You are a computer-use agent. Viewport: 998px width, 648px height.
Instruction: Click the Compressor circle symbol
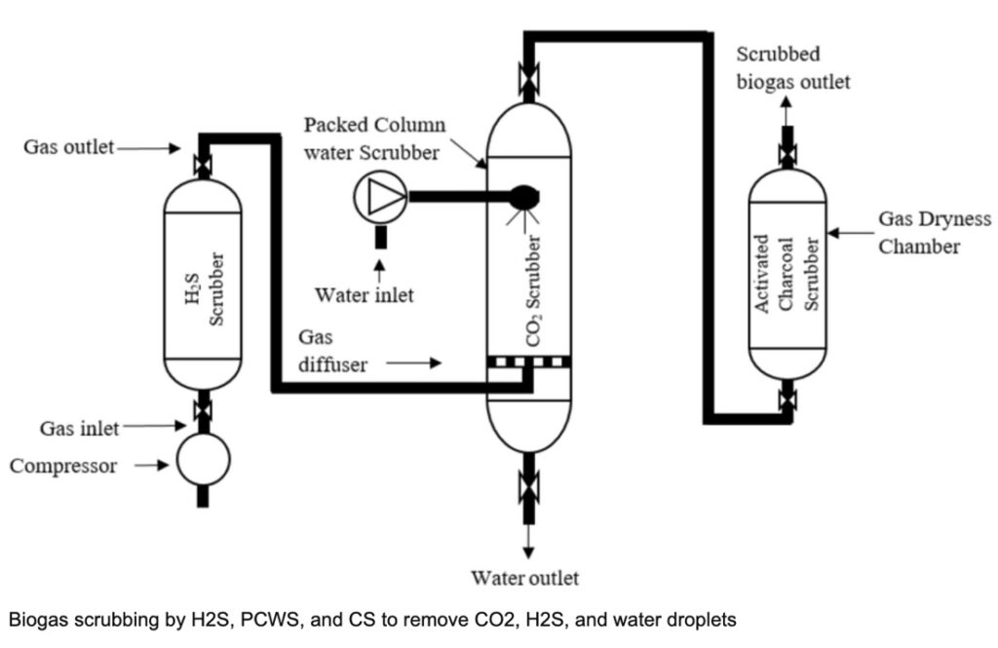203,460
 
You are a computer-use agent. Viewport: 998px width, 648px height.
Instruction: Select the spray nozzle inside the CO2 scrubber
524,198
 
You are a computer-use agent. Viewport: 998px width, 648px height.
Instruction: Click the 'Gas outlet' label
69,147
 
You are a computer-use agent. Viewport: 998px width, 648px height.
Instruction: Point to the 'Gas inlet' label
80,428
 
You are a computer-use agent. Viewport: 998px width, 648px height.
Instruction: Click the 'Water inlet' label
365,294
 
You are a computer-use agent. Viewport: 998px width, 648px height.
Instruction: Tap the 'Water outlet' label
525,578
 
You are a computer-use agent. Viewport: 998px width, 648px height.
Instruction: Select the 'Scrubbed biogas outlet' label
793,67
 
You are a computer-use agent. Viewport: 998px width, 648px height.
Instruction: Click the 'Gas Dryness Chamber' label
935,232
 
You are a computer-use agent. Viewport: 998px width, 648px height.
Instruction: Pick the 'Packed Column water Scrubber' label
375,138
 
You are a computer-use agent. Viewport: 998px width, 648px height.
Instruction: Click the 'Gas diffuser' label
333,351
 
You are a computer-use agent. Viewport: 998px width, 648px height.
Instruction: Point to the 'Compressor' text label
63,466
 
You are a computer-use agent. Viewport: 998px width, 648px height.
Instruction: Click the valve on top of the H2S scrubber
203,166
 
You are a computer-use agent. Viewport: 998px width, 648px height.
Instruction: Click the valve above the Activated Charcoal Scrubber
787,155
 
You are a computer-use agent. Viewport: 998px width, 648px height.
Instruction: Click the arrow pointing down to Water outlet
528,542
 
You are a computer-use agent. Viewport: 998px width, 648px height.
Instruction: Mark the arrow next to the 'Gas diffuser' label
413,363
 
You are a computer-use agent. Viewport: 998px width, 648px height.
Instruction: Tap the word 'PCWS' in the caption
271,620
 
